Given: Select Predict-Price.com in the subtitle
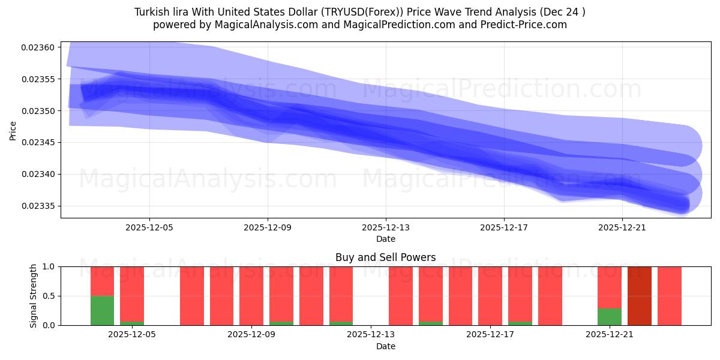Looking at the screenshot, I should tap(523, 25).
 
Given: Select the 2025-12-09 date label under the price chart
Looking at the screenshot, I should tap(268, 227).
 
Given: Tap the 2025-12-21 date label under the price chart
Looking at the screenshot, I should tap(622, 227).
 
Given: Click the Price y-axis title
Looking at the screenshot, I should tap(13, 130).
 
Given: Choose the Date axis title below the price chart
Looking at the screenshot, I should tap(385, 239).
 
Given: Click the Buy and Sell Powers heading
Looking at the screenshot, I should tap(385, 257).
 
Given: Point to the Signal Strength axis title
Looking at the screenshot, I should tap(34, 296).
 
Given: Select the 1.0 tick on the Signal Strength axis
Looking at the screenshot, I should tap(49, 266).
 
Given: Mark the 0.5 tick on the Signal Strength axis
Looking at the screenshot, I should tap(49, 296).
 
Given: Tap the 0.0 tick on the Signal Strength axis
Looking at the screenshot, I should tap(49, 325).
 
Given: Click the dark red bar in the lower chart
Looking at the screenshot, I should tap(640, 296).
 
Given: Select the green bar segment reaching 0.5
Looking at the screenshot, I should tap(102, 310).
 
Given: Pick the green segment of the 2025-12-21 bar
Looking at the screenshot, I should tap(610, 317).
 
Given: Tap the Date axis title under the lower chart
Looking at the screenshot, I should tap(385, 346).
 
